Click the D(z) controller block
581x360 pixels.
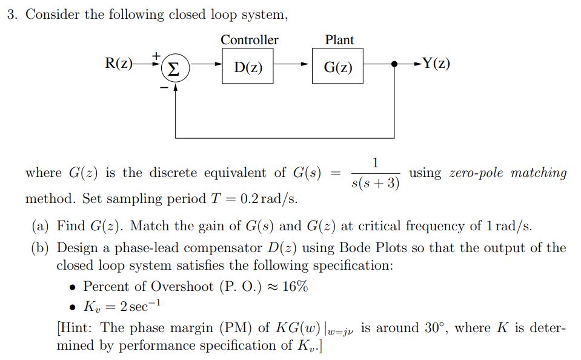(248, 67)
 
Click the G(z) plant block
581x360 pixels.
(338, 67)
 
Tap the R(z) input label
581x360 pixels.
(119, 64)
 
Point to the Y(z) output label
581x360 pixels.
(436, 64)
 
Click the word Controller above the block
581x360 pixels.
(249, 40)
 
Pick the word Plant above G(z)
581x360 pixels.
(339, 40)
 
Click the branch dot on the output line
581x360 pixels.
(395, 64)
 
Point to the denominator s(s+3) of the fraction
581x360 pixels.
(376, 182)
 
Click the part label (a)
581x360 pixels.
(41, 226)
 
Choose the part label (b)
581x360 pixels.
(41, 248)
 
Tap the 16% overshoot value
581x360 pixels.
(295, 287)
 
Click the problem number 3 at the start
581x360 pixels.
(11, 15)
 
